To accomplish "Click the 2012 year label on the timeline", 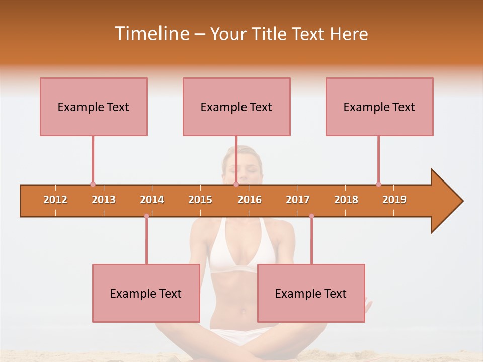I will (55, 200).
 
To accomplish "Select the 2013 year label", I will (104, 200).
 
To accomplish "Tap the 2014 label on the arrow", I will (152, 200).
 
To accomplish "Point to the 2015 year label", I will (200, 200).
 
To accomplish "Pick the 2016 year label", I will (250, 200).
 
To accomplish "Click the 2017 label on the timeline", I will (298, 200).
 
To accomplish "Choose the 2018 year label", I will (346, 200).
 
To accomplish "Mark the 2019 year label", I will (394, 200).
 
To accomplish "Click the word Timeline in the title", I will (151, 34).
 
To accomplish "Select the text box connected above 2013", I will (94, 107).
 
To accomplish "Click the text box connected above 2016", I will (236, 107).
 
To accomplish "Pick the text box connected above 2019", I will (379, 107).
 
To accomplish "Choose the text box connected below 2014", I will (146, 293).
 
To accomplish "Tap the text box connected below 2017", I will (311, 293).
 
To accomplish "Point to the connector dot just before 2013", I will (93, 184).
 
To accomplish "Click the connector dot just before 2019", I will (378, 184).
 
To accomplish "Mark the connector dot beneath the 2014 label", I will (146, 216).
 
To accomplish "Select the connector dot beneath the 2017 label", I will (311, 216).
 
